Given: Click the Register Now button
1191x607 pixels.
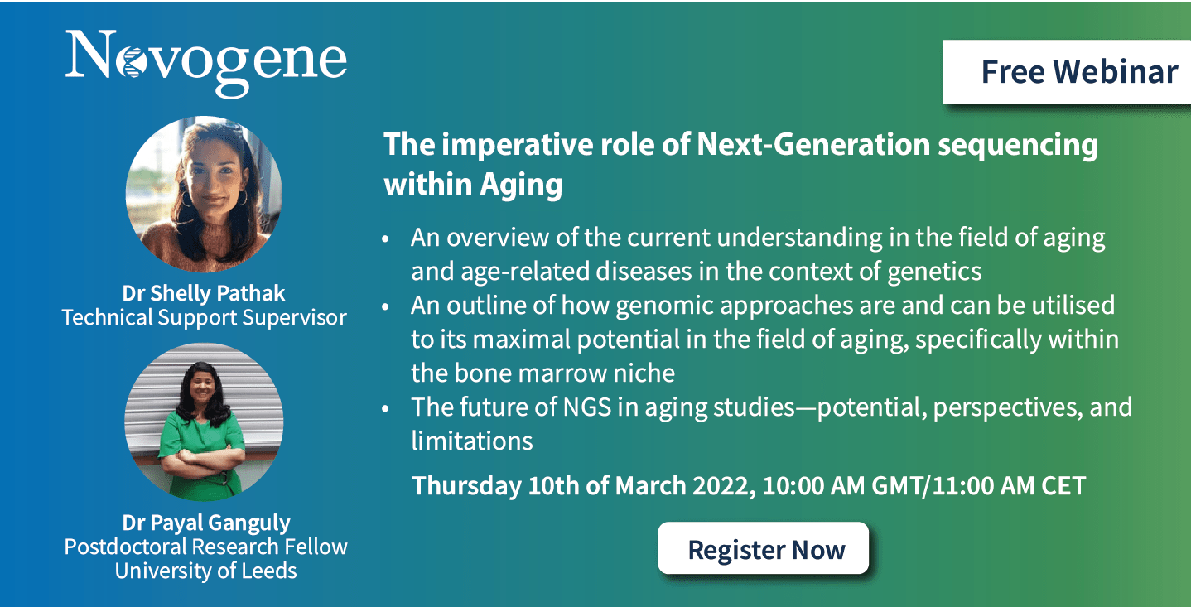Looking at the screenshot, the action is (x=763, y=548).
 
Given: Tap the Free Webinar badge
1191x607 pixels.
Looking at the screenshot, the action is (x=1067, y=72).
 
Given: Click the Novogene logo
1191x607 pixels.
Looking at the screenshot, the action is (x=205, y=63).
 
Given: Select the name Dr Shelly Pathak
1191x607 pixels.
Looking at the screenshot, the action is (x=204, y=293).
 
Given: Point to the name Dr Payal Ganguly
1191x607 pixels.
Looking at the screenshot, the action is (x=206, y=523).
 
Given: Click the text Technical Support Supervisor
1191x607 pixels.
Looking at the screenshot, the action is (x=205, y=317).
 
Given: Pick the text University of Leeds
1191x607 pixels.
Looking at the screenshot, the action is (x=205, y=571).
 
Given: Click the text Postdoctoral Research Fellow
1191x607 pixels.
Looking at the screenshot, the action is (x=205, y=547).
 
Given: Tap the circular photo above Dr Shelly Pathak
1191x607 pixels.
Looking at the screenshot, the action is (x=204, y=195).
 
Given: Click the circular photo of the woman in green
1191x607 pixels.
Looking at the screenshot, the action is (x=204, y=422).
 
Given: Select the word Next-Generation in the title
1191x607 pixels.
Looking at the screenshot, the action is (x=813, y=145).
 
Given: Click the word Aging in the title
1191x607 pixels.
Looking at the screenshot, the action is (x=521, y=185).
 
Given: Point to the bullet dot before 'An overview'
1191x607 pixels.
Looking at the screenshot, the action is (x=385, y=239).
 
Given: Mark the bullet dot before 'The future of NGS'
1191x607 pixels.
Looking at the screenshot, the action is (x=385, y=409).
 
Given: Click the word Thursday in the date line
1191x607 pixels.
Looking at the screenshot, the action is (x=467, y=486).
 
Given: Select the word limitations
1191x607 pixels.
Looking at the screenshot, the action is (x=472, y=441).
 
